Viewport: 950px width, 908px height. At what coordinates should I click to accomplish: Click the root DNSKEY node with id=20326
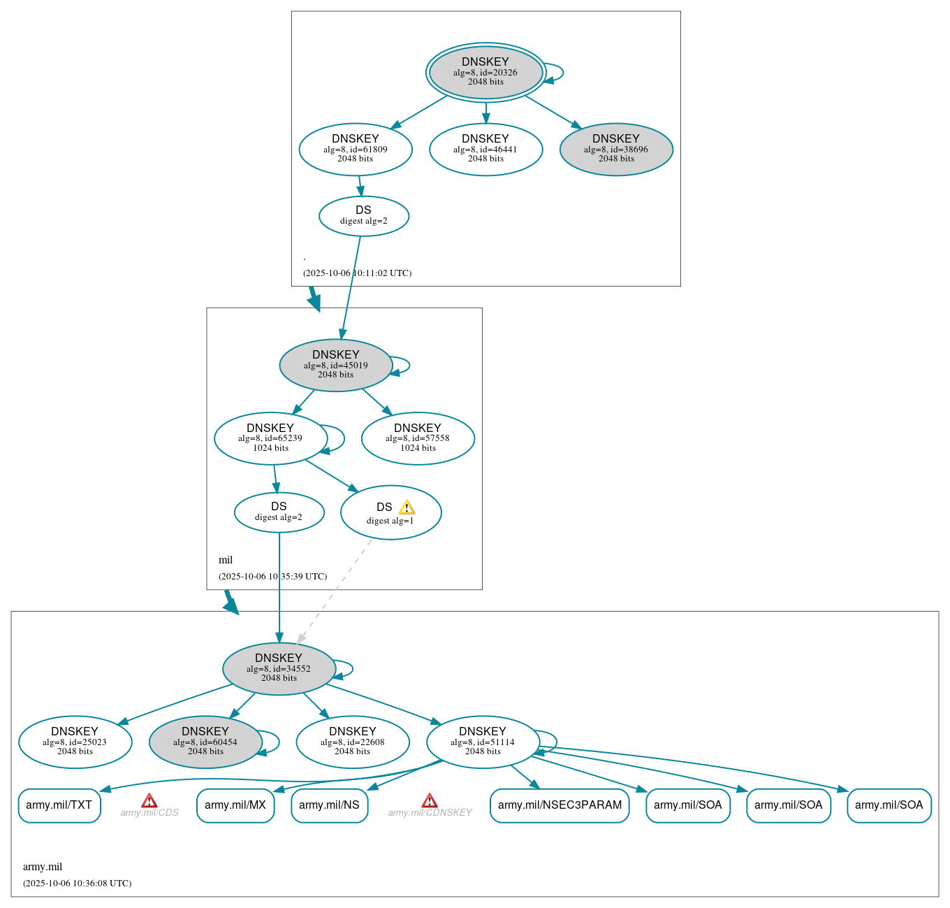tap(485, 72)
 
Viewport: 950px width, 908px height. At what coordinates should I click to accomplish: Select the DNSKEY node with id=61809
tap(356, 149)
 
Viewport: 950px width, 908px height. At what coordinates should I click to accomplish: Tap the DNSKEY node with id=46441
tap(485, 149)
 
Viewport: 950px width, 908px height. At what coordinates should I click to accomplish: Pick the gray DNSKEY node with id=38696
tap(616, 149)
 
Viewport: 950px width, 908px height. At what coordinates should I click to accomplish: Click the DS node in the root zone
tap(364, 216)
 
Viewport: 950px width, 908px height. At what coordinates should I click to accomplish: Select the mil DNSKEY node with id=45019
tap(336, 365)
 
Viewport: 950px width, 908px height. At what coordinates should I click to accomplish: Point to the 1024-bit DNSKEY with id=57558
tap(418, 438)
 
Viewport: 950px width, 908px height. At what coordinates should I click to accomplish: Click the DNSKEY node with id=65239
tap(270, 438)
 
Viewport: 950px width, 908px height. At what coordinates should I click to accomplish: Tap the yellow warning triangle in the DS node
tap(407, 507)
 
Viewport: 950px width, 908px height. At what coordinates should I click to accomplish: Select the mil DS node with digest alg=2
tap(279, 512)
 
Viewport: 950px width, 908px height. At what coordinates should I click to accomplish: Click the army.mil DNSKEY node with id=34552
tap(279, 668)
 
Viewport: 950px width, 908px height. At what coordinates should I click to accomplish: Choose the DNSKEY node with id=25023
tap(75, 742)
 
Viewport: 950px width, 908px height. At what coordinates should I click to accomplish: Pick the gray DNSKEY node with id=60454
tap(205, 742)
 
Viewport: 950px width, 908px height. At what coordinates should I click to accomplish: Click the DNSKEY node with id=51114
tap(483, 742)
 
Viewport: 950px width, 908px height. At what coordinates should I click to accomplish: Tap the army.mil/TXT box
tap(59, 805)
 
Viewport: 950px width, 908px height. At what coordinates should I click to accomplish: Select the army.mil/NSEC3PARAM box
tap(560, 805)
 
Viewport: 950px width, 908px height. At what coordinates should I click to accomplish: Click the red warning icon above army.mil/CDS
tap(149, 800)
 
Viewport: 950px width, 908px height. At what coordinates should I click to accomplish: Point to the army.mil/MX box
tap(235, 805)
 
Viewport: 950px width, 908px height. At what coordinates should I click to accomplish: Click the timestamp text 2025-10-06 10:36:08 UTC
tap(77, 883)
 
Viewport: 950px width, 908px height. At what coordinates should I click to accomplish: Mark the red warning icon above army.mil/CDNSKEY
tap(430, 800)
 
